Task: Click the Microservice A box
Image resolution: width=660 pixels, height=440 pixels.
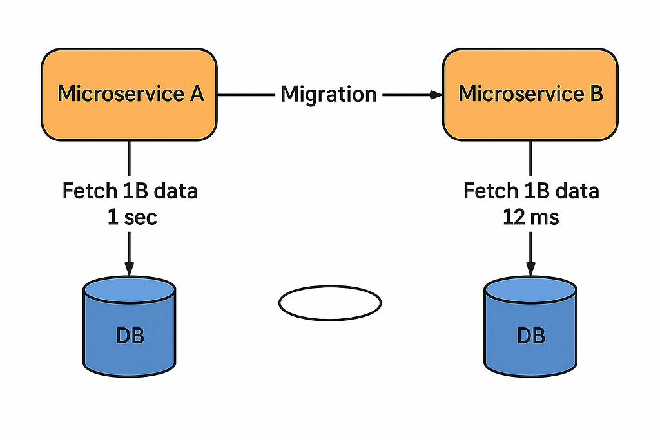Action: tap(129, 95)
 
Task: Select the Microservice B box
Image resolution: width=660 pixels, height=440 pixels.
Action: tap(530, 95)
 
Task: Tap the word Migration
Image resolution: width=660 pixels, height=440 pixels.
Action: tap(328, 94)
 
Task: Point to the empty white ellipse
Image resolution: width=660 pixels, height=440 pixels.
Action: tap(330, 287)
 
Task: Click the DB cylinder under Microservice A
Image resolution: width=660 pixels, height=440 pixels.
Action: tap(129, 327)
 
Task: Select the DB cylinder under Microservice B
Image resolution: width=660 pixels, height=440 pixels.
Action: tap(530, 327)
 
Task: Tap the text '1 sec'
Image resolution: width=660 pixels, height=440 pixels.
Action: tap(132, 218)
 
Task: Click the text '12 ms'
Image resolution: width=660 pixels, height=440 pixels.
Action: tap(531, 218)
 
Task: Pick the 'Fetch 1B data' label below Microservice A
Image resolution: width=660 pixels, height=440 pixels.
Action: tap(130, 191)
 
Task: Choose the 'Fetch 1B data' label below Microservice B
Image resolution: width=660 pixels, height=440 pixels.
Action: tap(531, 191)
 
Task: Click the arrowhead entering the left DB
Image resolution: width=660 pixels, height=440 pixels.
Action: tap(129, 269)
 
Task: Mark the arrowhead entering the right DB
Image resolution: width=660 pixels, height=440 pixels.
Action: tap(531, 269)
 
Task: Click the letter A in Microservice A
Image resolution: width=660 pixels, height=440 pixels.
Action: tap(197, 93)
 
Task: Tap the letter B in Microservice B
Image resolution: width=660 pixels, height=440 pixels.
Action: tap(596, 93)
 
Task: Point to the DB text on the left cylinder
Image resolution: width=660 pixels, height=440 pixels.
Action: tap(130, 336)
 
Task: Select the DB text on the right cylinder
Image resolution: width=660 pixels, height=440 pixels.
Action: tap(531, 336)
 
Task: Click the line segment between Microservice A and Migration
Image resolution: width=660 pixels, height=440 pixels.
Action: tap(246, 95)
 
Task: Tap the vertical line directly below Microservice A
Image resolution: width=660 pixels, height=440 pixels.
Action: tap(129, 158)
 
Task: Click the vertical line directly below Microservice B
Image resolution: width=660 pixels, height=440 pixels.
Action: tap(530, 158)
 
